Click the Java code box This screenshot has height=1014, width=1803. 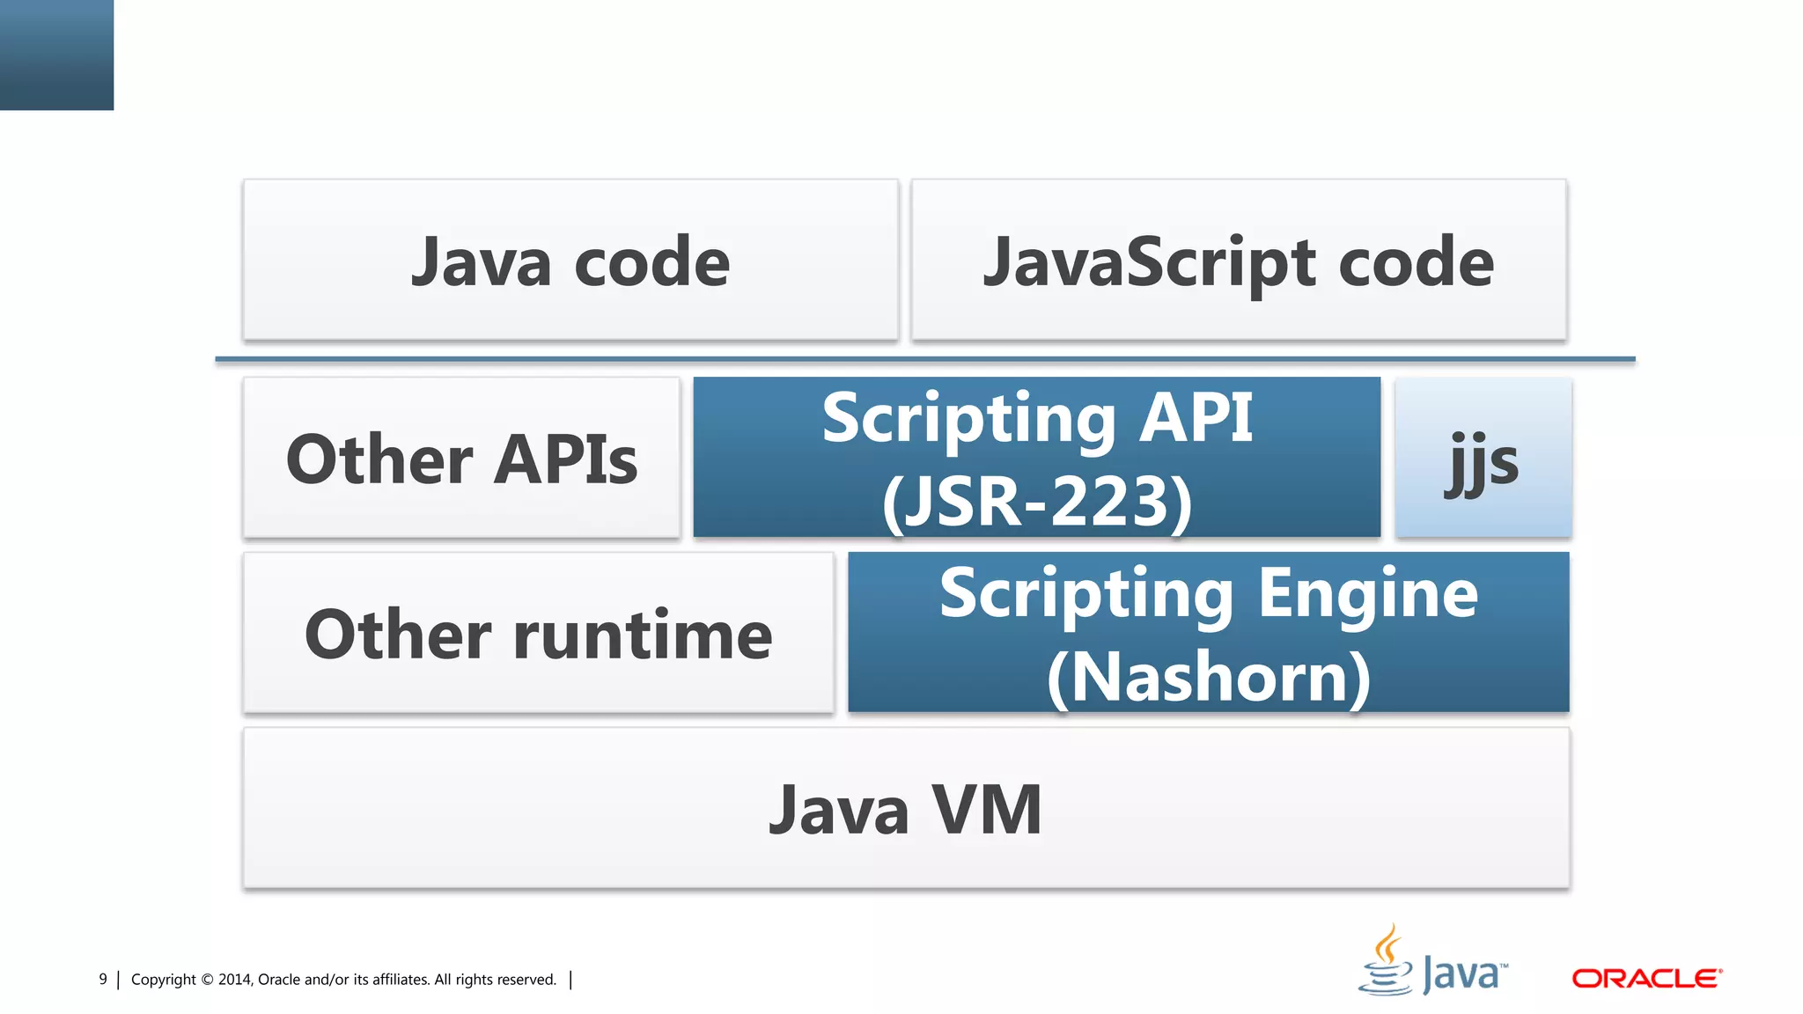(570, 261)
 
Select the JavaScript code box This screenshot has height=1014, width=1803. (1239, 261)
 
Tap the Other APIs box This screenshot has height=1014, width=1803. (461, 458)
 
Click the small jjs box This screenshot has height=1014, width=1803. (1483, 458)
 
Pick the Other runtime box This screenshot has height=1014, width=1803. (538, 633)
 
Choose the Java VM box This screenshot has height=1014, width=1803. (906, 808)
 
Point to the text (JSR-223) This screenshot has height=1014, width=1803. (1037, 501)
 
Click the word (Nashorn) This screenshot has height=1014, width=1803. (1208, 677)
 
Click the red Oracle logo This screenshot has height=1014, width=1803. (1646, 978)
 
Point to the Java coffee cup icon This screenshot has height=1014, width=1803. (1387, 961)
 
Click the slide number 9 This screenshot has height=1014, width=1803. (103, 979)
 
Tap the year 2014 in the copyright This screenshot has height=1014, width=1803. (234, 980)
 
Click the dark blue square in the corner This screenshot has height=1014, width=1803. (56, 55)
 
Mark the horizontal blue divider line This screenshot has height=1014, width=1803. (924, 359)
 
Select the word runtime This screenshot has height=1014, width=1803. (643, 635)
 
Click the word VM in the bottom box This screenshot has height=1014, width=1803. (986, 810)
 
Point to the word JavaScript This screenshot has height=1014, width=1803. (1151, 262)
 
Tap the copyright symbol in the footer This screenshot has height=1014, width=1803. (207, 980)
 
